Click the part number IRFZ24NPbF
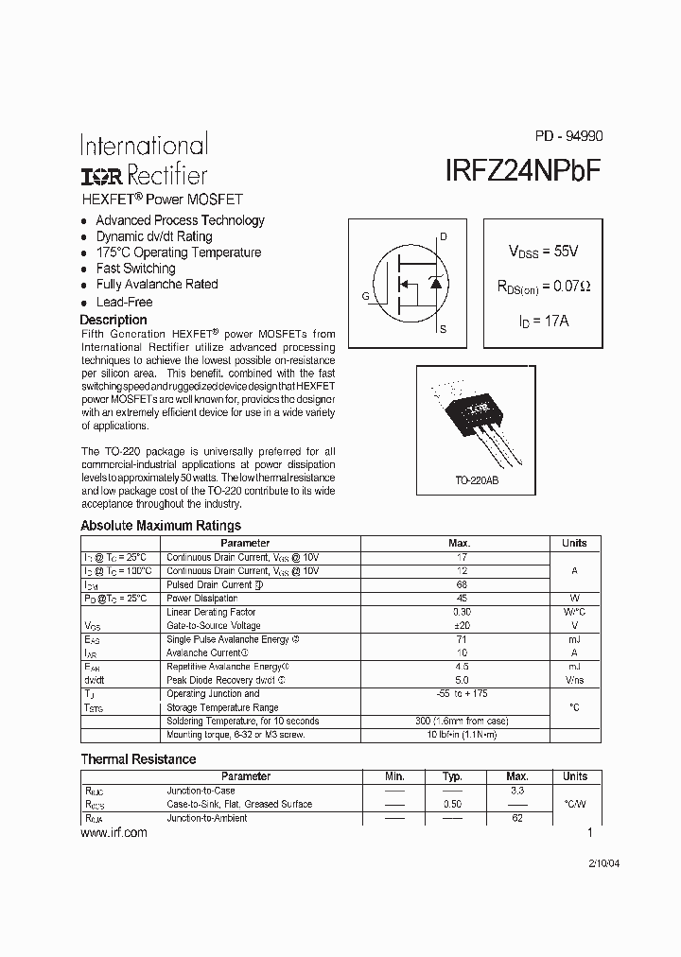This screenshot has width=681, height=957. (x=522, y=171)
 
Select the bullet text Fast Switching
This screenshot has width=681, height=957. (x=135, y=269)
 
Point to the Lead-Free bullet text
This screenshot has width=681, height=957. (x=124, y=302)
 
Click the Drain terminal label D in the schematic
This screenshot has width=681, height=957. (x=444, y=236)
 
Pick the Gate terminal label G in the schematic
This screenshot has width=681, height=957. (x=365, y=296)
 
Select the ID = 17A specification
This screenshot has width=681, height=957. (x=543, y=321)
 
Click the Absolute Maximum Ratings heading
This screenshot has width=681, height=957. (x=161, y=526)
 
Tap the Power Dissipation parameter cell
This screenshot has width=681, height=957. (x=201, y=599)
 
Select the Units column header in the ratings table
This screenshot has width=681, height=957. (x=574, y=543)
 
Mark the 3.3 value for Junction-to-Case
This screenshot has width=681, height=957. (x=517, y=790)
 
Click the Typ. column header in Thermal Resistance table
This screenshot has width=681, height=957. (x=452, y=776)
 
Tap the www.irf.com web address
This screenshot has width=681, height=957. (x=114, y=832)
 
